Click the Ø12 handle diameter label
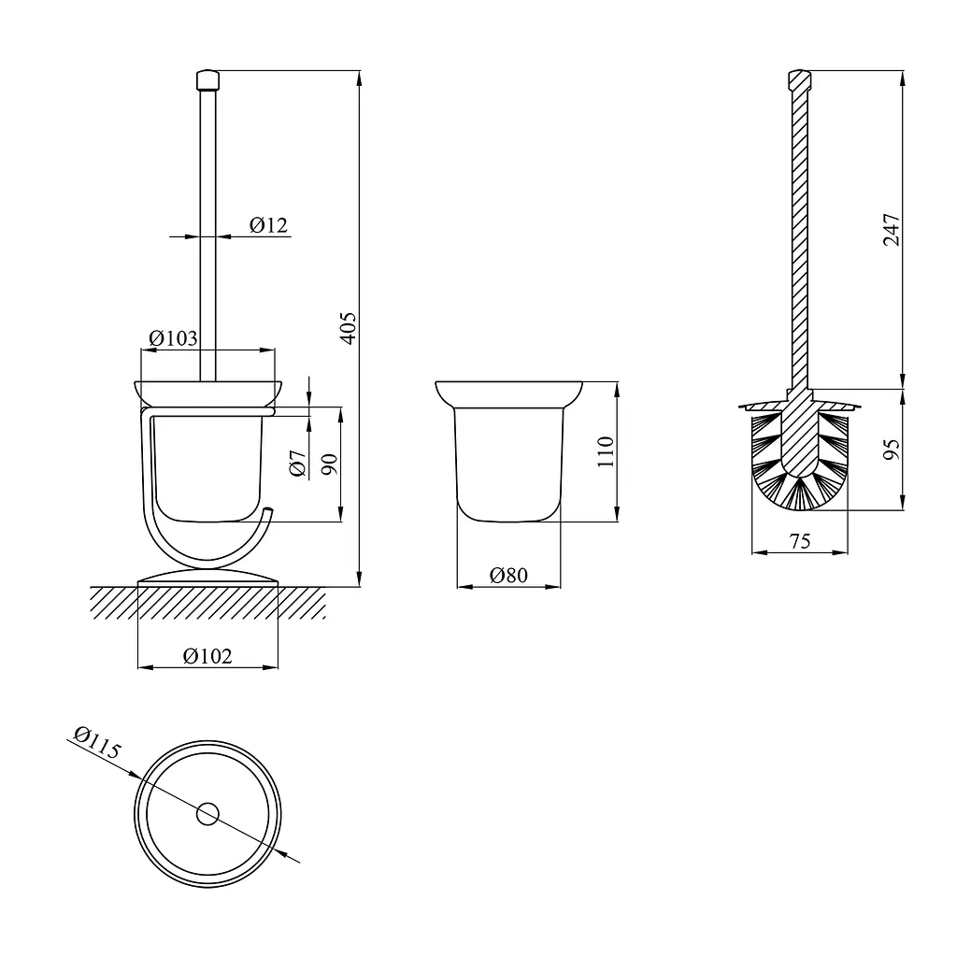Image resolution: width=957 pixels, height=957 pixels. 268,225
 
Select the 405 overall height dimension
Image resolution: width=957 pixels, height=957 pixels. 348,328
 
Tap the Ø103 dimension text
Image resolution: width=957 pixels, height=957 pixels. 173,338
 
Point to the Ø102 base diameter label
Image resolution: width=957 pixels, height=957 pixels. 207,656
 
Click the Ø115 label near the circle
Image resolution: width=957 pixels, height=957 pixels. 97,742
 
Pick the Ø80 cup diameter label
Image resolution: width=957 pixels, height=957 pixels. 508,575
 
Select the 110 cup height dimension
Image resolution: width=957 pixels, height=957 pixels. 605,451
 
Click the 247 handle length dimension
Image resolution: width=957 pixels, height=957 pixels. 892,230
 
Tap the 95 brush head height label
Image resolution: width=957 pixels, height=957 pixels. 892,450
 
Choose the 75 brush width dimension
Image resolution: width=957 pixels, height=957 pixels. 800,541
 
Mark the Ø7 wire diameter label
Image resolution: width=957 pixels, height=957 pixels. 297,464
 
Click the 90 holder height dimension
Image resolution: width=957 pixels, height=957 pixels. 329,464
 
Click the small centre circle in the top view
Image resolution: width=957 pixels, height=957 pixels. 207,814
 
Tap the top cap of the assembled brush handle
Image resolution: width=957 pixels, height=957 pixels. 207,80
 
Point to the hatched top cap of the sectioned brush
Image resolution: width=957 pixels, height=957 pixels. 800,79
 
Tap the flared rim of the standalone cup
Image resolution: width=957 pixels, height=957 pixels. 509,395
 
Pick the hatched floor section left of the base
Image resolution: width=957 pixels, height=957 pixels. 114,603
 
